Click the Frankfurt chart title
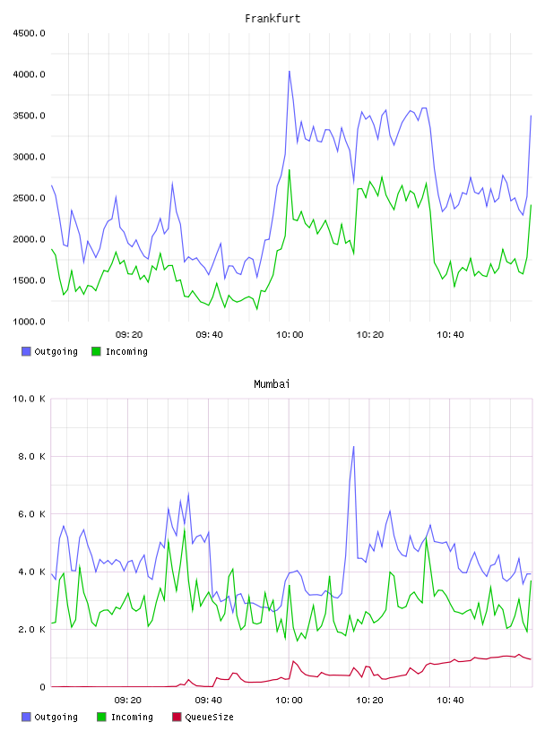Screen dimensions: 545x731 point(272,19)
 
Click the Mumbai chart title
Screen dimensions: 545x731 point(272,384)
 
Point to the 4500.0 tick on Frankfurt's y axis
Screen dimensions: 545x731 point(29,33)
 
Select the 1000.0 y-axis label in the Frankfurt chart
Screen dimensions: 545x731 point(29,322)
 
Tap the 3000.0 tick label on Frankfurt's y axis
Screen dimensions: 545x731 point(29,157)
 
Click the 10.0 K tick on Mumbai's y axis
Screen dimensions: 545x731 point(29,399)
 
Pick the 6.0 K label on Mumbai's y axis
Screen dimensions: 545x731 point(31,513)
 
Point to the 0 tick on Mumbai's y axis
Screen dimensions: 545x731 point(42,687)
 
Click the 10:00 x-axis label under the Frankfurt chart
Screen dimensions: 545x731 point(290,335)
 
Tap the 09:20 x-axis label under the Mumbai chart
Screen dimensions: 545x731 point(128,701)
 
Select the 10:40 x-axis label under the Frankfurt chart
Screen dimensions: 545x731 point(450,335)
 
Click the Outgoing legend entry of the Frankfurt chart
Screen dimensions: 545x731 point(49,351)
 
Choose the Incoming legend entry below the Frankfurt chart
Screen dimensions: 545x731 point(119,351)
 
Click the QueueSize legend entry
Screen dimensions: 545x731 point(203,717)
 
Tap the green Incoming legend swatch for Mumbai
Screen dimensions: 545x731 point(101,717)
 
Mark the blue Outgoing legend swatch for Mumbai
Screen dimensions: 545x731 point(26,717)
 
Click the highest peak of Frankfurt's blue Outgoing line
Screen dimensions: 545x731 point(290,72)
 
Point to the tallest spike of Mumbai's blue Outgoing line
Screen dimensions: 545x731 point(354,447)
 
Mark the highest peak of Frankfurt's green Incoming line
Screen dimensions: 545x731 point(290,169)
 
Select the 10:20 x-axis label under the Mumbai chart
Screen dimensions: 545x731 point(369,701)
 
